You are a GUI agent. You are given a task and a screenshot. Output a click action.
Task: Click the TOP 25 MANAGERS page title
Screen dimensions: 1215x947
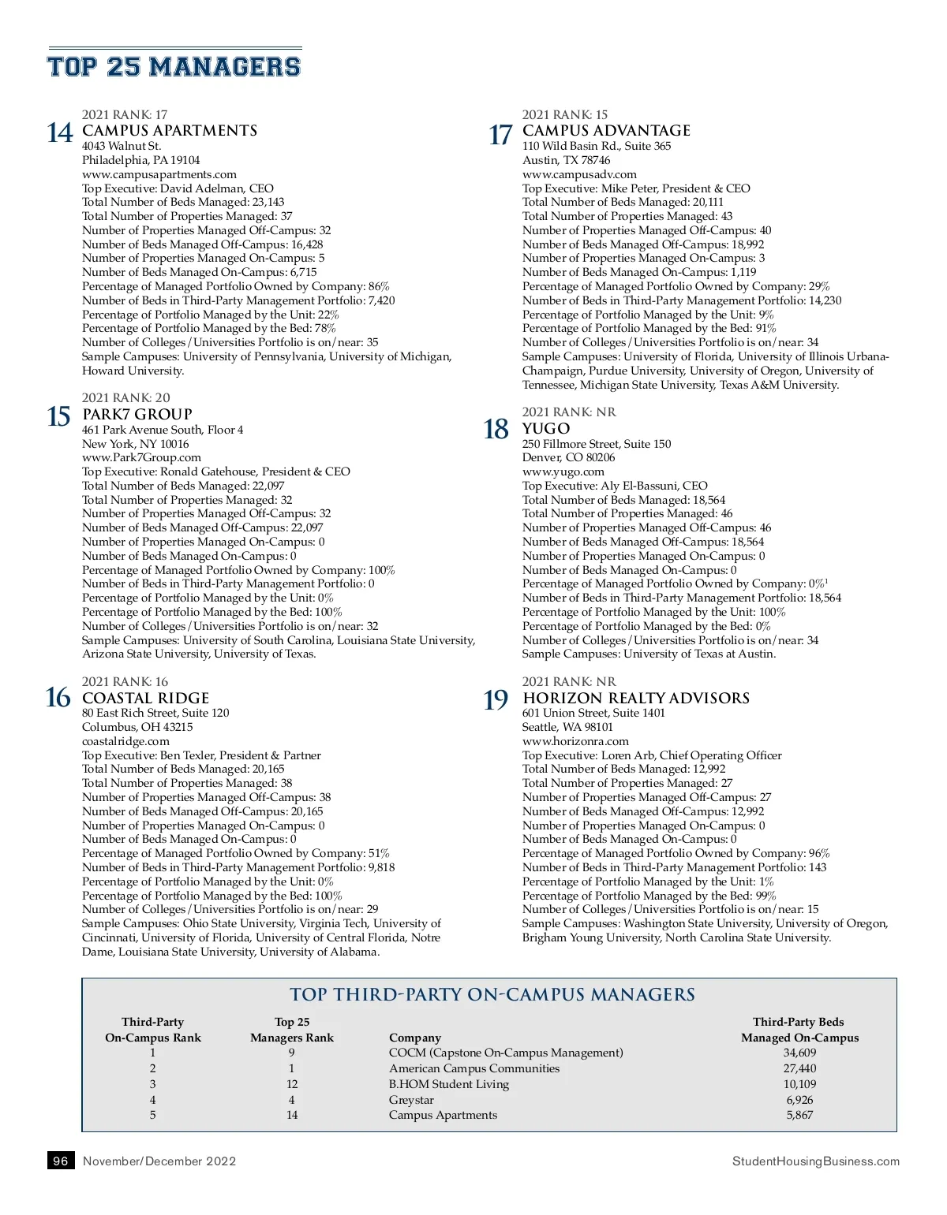coord(174,66)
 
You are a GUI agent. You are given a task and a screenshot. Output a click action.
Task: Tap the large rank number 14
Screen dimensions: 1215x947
coord(60,132)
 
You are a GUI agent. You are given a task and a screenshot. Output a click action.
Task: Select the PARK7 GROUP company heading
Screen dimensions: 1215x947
coord(137,414)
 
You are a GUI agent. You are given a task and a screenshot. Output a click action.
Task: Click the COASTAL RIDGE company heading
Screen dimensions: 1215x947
coord(146,698)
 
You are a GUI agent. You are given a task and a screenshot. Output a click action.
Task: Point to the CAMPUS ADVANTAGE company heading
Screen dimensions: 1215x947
coord(606,130)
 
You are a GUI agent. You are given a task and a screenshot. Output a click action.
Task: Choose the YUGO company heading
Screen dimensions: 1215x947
coord(546,428)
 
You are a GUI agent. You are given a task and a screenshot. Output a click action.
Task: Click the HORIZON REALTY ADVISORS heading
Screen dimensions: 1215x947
coord(636,698)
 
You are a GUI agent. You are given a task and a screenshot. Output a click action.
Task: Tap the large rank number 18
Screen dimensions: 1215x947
coord(496,430)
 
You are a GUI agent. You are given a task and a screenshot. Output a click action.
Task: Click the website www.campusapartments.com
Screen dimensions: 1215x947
coord(159,174)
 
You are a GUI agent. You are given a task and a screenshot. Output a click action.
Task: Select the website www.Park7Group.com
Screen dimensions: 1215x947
coord(142,457)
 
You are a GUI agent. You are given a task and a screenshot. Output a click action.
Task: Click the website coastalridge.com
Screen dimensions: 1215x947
coord(125,741)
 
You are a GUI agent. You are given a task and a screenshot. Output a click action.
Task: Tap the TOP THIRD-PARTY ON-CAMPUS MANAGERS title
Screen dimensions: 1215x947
coord(492,995)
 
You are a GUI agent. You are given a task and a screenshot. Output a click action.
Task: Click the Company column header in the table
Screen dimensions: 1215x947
coord(415,1038)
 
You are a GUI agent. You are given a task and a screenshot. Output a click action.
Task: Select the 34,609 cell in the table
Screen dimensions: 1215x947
coord(799,1053)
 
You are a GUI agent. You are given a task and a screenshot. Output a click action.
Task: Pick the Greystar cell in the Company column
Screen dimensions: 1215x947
coord(411,1100)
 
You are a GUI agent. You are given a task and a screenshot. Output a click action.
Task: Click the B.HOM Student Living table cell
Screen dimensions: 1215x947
coord(449,1084)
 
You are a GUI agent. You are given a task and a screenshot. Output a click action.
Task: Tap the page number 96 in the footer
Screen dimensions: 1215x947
coord(61,1161)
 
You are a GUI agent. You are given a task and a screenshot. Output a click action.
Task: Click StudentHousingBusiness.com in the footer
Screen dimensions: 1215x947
coord(815,1161)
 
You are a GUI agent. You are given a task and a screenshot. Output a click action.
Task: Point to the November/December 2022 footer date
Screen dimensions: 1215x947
coord(159,1161)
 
